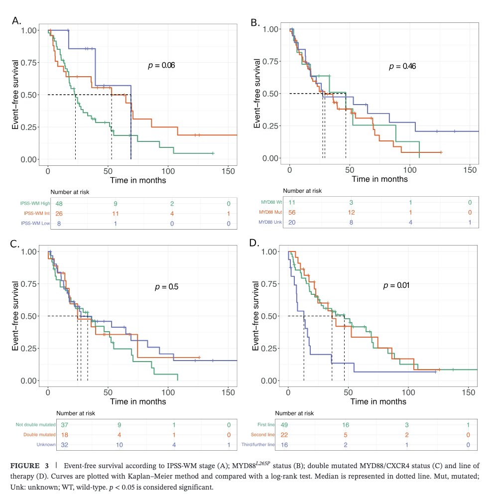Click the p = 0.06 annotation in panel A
pyautogui.click(x=161, y=65)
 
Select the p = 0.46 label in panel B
pyautogui.click(x=402, y=66)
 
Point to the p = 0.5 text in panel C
pyautogui.click(x=163, y=287)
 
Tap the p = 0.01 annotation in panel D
pyautogui.click(x=396, y=285)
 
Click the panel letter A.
pyautogui.click(x=16, y=21)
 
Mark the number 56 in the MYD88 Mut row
pyautogui.click(x=292, y=212)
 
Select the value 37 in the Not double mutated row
pyautogui.click(x=64, y=425)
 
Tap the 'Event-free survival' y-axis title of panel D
pyautogui.click(x=256, y=316)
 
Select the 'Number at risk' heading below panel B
pyautogui.click(x=302, y=191)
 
